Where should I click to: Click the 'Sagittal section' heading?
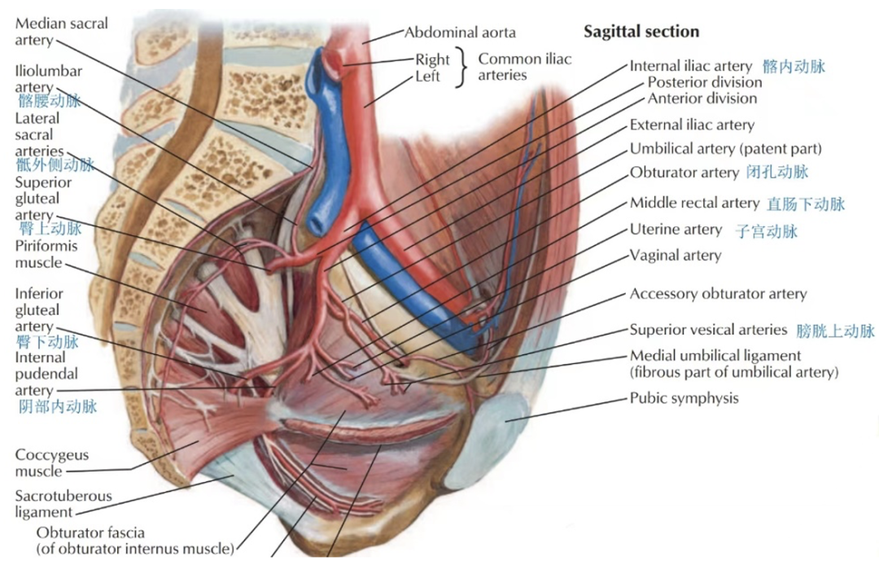(641, 32)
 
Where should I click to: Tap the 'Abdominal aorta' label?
(460, 33)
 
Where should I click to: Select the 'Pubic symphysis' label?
(684, 398)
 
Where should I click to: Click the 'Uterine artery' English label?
(676, 230)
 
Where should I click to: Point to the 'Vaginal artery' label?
(676, 256)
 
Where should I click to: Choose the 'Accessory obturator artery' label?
(718, 294)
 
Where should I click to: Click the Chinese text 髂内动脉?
(794, 66)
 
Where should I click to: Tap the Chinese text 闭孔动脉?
(777, 172)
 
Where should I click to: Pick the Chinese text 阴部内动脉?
(57, 405)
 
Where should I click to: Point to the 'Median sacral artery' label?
(61, 32)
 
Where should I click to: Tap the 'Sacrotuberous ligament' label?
(63, 504)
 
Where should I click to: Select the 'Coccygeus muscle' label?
(52, 463)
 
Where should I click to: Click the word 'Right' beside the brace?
(432, 59)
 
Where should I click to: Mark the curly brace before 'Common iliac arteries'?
(465, 68)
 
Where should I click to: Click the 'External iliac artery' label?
(692, 125)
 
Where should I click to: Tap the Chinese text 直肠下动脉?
(806, 204)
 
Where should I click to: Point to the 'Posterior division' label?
(705, 82)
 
